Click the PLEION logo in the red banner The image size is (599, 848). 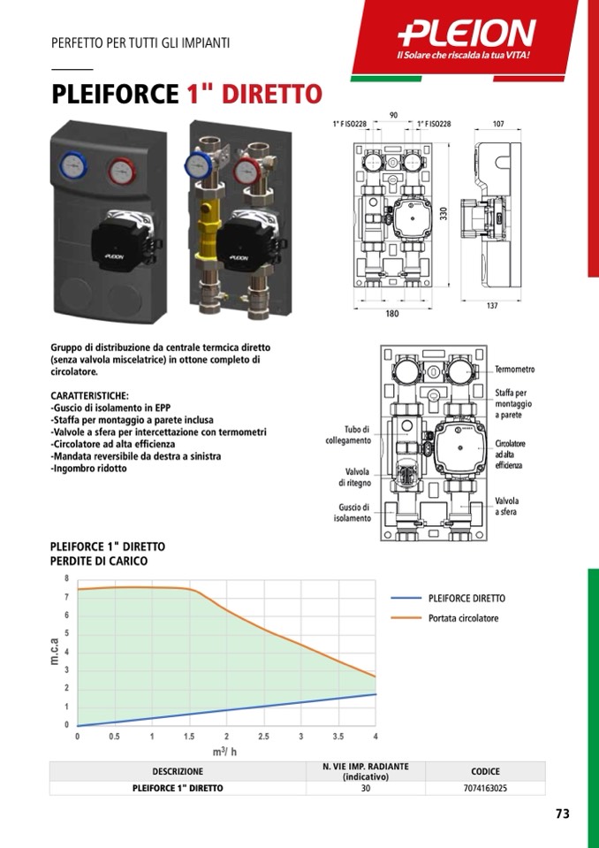point(466,34)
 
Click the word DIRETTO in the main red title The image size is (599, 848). point(272,94)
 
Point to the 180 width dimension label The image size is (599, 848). point(392,314)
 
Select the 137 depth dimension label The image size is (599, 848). point(491,306)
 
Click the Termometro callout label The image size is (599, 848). point(515,370)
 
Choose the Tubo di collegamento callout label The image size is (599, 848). point(348,435)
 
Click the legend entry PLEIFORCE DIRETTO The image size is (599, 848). point(466,598)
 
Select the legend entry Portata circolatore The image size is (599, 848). point(463,617)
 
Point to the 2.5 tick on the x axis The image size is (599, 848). point(263,736)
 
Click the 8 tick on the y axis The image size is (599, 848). point(67,578)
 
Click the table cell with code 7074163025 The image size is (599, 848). point(485,788)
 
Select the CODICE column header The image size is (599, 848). point(486,771)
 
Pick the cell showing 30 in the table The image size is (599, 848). point(366,788)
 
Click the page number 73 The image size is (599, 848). point(562,814)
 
